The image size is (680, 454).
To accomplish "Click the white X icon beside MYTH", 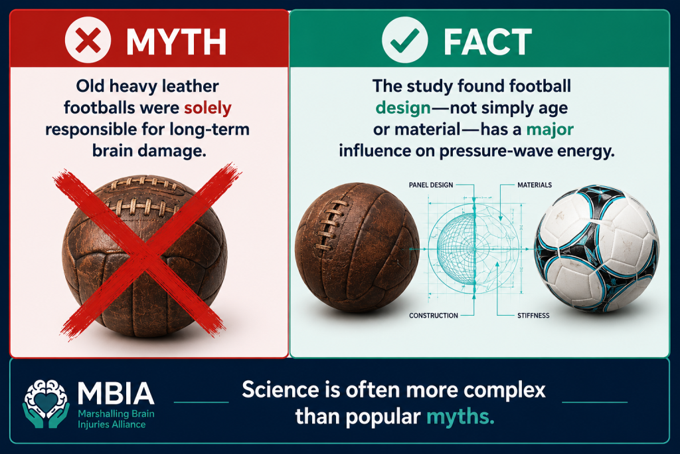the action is pos(88,40).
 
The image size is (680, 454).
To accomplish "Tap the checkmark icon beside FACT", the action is pos(404,40).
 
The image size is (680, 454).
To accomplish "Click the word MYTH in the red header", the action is pos(176,42).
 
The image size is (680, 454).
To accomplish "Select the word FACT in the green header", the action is pos(487,42).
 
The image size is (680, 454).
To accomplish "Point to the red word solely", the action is pos(207,108).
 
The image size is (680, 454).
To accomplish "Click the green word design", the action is pos(403,108).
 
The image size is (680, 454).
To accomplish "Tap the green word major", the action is pos(550,130).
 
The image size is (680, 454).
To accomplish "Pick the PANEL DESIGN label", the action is pos(430,185).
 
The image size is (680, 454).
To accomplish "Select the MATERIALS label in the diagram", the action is pos(535,185).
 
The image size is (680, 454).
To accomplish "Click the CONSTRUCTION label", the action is pos(433,316).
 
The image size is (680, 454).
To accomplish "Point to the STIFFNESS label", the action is pos(533,316).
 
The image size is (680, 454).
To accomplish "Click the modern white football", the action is pos(596,249).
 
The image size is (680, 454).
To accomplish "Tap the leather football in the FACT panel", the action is pos(357,247).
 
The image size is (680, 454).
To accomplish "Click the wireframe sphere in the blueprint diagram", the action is pos(456,249).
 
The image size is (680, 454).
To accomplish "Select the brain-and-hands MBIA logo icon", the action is pos(46,403).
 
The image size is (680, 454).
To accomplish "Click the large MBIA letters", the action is pos(116,394).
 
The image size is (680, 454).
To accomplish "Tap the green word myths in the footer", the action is pos(461,417).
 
